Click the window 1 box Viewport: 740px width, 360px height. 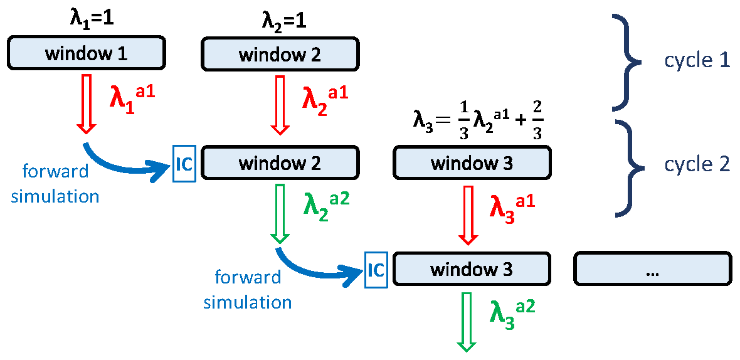click(86, 53)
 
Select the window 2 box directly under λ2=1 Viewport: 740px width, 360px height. click(280, 54)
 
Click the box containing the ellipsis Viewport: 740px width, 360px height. click(652, 270)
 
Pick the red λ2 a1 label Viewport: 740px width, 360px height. click(324, 98)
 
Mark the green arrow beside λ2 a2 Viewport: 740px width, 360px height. click(280, 213)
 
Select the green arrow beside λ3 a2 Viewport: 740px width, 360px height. click(467, 321)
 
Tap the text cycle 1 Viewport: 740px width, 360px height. click(697, 60)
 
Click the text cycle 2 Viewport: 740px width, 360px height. click(697, 164)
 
